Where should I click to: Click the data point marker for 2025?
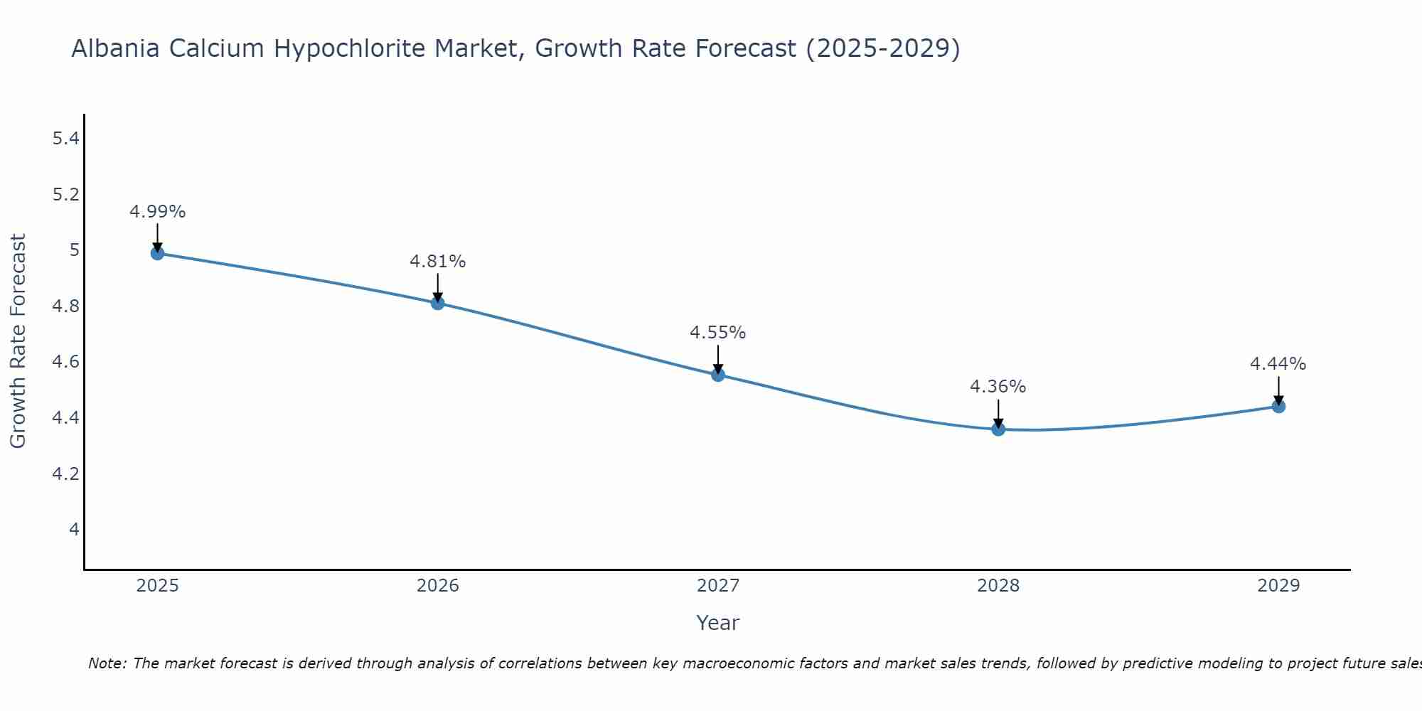[157, 253]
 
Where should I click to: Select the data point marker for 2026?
[437, 303]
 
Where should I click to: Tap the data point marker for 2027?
[718, 375]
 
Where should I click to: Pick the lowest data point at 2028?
[998, 429]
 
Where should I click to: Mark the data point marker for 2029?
[1278, 407]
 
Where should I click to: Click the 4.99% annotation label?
[157, 212]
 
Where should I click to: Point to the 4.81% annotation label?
[437, 262]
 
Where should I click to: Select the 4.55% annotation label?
[718, 333]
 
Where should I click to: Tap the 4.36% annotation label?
[998, 387]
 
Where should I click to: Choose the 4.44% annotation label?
[1278, 364]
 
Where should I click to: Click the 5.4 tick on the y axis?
[65, 139]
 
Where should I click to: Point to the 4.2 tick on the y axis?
[65, 474]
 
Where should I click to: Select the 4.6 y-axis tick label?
[65, 362]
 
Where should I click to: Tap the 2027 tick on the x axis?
[718, 586]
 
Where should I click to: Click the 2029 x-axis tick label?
[1278, 586]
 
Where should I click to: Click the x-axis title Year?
[718, 623]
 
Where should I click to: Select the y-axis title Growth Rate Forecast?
[18, 341]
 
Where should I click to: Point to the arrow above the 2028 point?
[998, 412]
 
